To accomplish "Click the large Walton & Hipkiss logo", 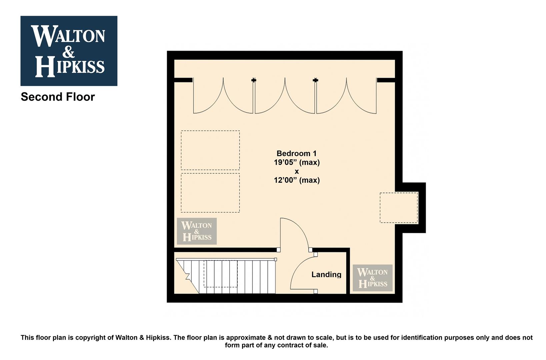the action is pos(69,51).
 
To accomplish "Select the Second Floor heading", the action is pos(58,97).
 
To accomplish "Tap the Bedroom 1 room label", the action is pos(296,153).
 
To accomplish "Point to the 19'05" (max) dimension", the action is pos(297,162).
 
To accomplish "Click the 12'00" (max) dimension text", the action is pos(297,180).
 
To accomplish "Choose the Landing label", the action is pos(326,274).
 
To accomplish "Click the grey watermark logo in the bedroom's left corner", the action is pos(197,231).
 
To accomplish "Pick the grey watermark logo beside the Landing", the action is pos(373,278).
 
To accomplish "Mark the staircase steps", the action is pos(226,276).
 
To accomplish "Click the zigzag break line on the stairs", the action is pos(188,276).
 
